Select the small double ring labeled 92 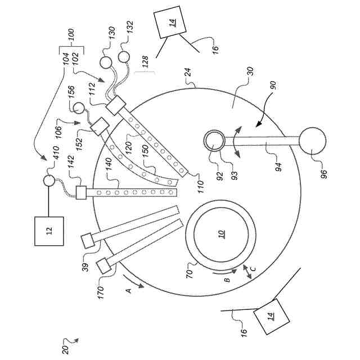click(213, 141)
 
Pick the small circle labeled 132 click(124, 57)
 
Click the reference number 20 click(66, 349)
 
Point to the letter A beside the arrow click(128, 290)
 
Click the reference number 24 click(187, 73)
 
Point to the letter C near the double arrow click(254, 268)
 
